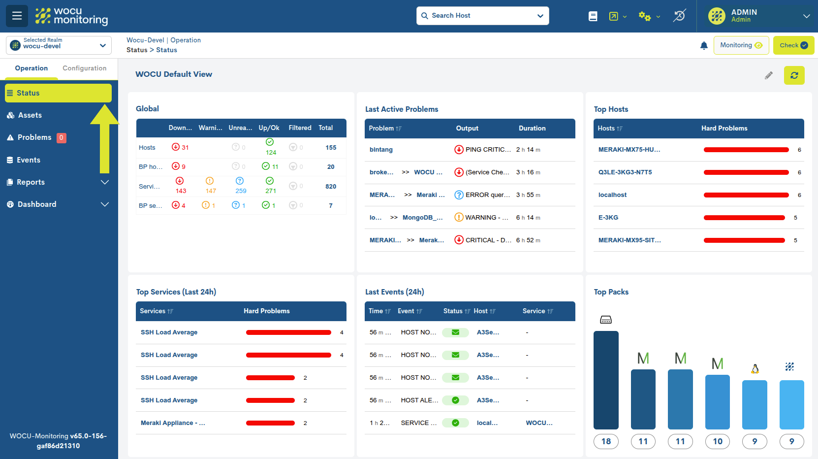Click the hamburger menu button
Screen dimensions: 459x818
tap(17, 16)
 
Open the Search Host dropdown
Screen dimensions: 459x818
tap(482, 16)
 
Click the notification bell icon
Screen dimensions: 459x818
tap(704, 45)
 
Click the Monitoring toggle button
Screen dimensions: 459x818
tap(741, 45)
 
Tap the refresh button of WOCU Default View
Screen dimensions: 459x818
tap(794, 75)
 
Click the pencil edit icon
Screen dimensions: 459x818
tap(768, 75)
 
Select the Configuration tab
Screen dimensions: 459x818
tap(84, 68)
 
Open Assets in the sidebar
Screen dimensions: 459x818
tap(30, 115)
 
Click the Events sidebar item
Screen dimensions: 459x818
tap(29, 160)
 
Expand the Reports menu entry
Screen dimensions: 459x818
tap(58, 182)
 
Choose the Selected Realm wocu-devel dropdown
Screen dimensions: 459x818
tap(59, 45)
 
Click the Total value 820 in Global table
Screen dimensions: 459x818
tap(331, 187)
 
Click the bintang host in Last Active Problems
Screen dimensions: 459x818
tap(381, 150)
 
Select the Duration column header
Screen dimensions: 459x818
tap(532, 129)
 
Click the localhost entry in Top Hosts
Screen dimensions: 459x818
tap(612, 195)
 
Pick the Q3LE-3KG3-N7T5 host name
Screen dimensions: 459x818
tap(625, 172)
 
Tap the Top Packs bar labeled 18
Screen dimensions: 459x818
tap(606, 380)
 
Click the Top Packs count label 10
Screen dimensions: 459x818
tap(717, 441)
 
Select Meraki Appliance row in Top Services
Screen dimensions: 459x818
tap(173, 423)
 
